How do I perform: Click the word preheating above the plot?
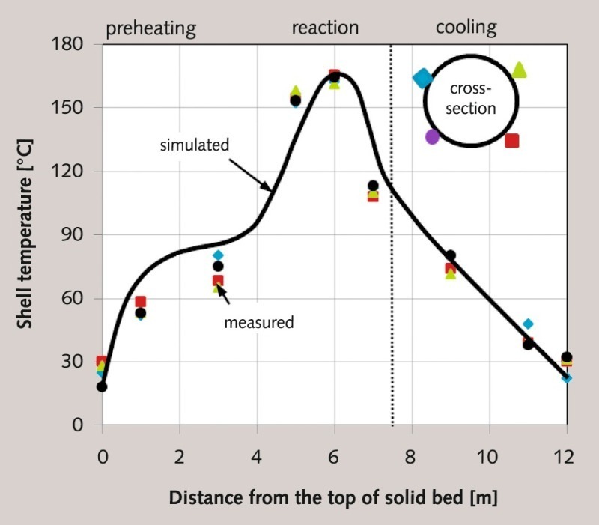point(150,29)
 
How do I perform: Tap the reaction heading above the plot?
point(325,28)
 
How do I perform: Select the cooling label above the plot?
point(466,28)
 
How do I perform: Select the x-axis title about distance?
point(333,497)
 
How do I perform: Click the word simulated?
point(194,145)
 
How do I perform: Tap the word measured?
point(259,323)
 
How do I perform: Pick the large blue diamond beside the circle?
point(423,78)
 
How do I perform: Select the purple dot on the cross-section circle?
point(432,137)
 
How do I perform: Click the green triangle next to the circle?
point(520,70)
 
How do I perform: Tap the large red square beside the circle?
point(512,140)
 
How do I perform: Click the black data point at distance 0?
point(102,387)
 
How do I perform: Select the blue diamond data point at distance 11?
point(528,324)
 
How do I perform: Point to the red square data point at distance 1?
point(140,302)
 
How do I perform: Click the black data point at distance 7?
point(373,186)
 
